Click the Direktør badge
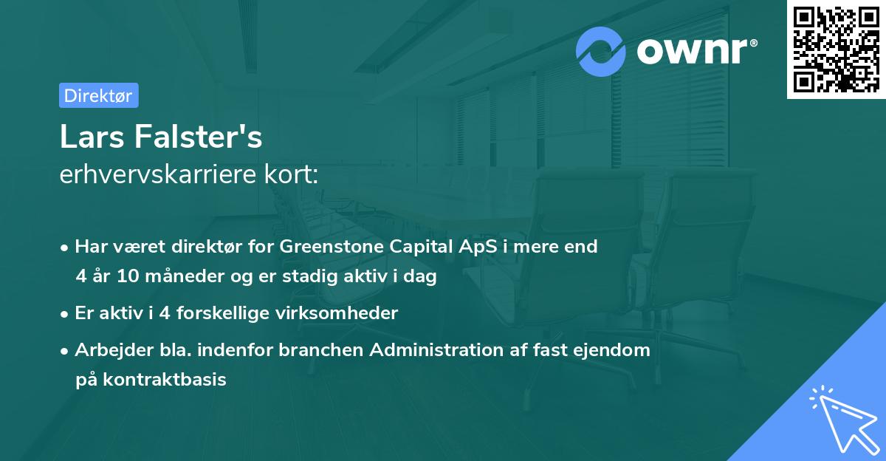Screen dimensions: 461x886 98,95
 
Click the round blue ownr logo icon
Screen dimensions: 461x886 601,51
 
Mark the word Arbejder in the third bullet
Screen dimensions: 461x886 108,349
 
